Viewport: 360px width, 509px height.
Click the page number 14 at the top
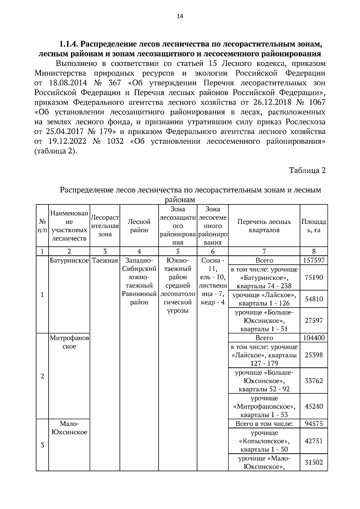pos(180,16)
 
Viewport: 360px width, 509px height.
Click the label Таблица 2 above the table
pos(307,171)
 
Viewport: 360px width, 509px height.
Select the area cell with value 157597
pos(313,260)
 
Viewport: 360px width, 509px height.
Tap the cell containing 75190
pos(313,278)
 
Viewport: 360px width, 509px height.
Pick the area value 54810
pos(313,299)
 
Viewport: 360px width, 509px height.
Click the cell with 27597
pos(313,320)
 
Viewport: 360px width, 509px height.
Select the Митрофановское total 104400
pos(313,338)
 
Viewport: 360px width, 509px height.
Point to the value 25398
pos(313,355)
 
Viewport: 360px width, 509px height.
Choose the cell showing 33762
pos(313,381)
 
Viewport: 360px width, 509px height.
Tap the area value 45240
pos(313,406)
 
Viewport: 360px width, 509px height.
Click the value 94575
pos(313,424)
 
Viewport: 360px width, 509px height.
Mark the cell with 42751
pos(313,441)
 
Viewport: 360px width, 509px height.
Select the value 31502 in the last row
pos(313,462)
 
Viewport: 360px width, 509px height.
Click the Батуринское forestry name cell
pos(69,260)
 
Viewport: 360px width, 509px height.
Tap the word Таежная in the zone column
pos(105,260)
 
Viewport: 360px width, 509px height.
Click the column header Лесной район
pos(139,226)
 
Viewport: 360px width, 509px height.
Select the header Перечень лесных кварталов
pos(264,226)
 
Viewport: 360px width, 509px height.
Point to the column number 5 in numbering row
pos(178,252)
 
